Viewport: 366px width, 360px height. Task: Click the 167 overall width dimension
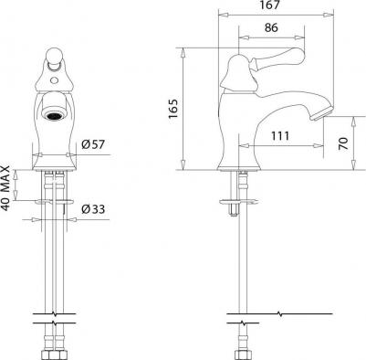tap(270, 5)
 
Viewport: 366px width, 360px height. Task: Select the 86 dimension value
tap(271, 27)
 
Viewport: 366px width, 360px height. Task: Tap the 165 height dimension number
tap(173, 109)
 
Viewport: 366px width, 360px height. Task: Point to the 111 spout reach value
tap(280, 136)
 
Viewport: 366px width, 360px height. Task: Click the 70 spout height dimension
tap(343, 143)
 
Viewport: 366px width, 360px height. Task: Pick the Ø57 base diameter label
tap(93, 144)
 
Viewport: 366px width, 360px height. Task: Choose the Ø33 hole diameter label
tap(93, 209)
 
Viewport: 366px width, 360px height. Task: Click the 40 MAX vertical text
tap(6, 188)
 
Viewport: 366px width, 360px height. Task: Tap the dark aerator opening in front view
tap(54, 115)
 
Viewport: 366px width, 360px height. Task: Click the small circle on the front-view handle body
tap(54, 81)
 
